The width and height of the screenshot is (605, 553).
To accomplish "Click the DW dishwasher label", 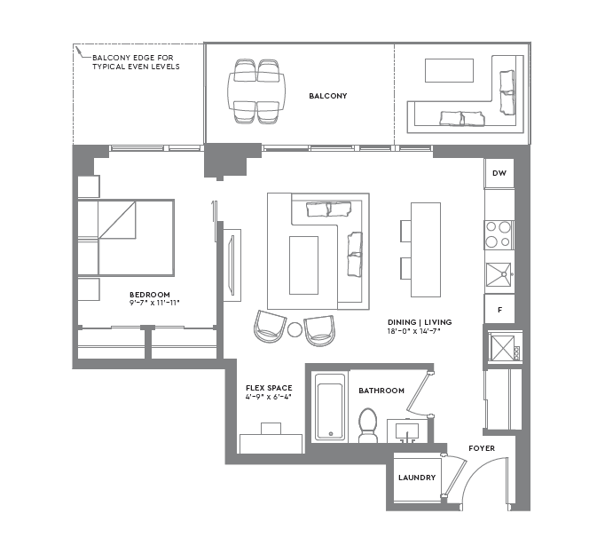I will [x=499, y=174].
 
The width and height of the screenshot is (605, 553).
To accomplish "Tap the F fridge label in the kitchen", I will [x=499, y=310].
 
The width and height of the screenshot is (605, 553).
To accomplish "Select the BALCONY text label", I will [x=327, y=96].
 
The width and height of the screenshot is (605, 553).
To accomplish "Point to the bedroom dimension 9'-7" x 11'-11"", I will [x=154, y=303].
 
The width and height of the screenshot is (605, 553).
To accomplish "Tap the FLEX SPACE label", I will [x=269, y=388].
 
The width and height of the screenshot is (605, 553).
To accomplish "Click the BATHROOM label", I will [x=381, y=391].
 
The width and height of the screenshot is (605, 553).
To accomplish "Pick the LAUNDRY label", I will [x=417, y=478].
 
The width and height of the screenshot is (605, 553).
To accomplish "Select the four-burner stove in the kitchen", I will [x=499, y=233].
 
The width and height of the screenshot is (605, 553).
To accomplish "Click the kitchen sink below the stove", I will [x=499, y=274].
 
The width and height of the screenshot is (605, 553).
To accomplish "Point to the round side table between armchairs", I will [x=295, y=330].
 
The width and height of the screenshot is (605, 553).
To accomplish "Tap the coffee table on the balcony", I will [x=449, y=71].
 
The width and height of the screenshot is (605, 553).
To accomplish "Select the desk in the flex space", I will [x=271, y=442].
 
